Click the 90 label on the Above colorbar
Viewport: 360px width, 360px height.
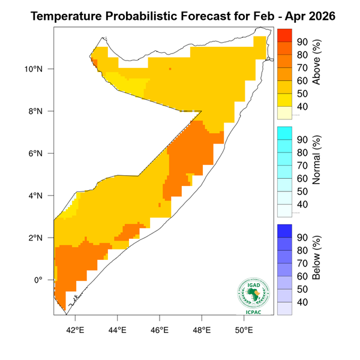pos(303,42)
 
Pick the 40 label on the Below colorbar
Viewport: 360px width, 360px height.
pos(303,302)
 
